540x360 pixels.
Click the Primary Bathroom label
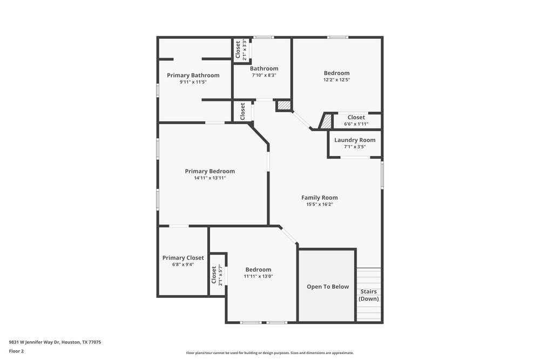(x=193, y=75)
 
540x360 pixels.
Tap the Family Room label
(x=319, y=198)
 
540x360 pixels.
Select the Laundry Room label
(x=355, y=140)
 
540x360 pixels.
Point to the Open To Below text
(x=328, y=287)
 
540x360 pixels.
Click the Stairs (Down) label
(x=369, y=295)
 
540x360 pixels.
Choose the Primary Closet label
(x=183, y=257)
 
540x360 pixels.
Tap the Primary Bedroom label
(x=210, y=171)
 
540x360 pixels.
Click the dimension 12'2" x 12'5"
(x=336, y=80)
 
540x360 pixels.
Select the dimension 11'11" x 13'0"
(x=258, y=276)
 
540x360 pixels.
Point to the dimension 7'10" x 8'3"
(x=264, y=76)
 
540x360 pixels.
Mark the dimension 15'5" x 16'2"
(x=319, y=205)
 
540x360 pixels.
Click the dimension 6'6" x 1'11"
(x=356, y=124)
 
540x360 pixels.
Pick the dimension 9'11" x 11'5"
(x=193, y=82)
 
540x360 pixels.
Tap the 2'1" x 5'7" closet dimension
(x=220, y=275)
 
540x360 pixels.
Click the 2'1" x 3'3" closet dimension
(x=245, y=49)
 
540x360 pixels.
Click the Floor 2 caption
(x=16, y=351)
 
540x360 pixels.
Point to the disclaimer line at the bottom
(x=269, y=352)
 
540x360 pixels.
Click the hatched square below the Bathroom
(x=284, y=105)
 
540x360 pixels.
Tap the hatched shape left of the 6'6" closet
(x=326, y=121)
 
